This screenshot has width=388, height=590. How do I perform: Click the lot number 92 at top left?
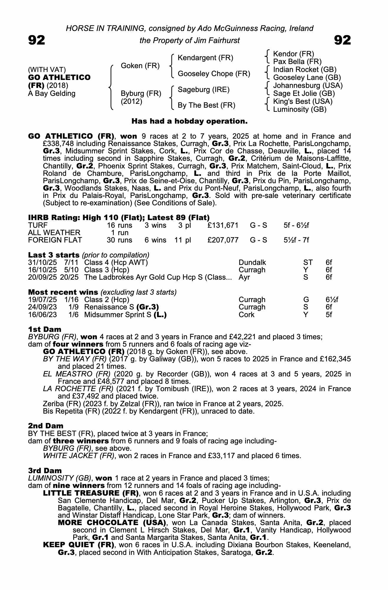[x=37, y=40]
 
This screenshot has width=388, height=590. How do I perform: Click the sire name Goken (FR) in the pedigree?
[x=140, y=66]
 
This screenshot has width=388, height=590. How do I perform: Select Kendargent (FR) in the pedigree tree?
[x=205, y=58]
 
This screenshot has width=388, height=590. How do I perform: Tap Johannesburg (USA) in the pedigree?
[x=308, y=86]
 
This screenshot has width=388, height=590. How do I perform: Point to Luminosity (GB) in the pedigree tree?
[x=299, y=109]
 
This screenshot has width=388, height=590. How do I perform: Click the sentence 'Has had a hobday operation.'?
[x=189, y=121]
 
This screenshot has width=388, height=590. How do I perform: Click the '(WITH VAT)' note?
[x=47, y=70]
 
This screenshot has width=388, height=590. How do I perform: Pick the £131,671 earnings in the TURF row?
[x=223, y=225]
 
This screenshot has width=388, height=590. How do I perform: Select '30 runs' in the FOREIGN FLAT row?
[x=119, y=240]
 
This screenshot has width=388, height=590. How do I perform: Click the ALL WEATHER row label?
[x=54, y=233]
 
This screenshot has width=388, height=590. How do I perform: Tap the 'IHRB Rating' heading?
[x=54, y=218]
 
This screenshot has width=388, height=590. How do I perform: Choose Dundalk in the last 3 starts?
[x=252, y=263]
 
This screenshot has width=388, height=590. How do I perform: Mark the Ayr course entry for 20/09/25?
[x=244, y=277]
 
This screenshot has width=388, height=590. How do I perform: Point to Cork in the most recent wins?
[x=246, y=315]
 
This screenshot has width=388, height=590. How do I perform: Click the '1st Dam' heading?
[x=45, y=330]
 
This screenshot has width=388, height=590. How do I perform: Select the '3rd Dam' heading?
[x=45, y=471]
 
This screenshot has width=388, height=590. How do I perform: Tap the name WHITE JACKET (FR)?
[x=78, y=456]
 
